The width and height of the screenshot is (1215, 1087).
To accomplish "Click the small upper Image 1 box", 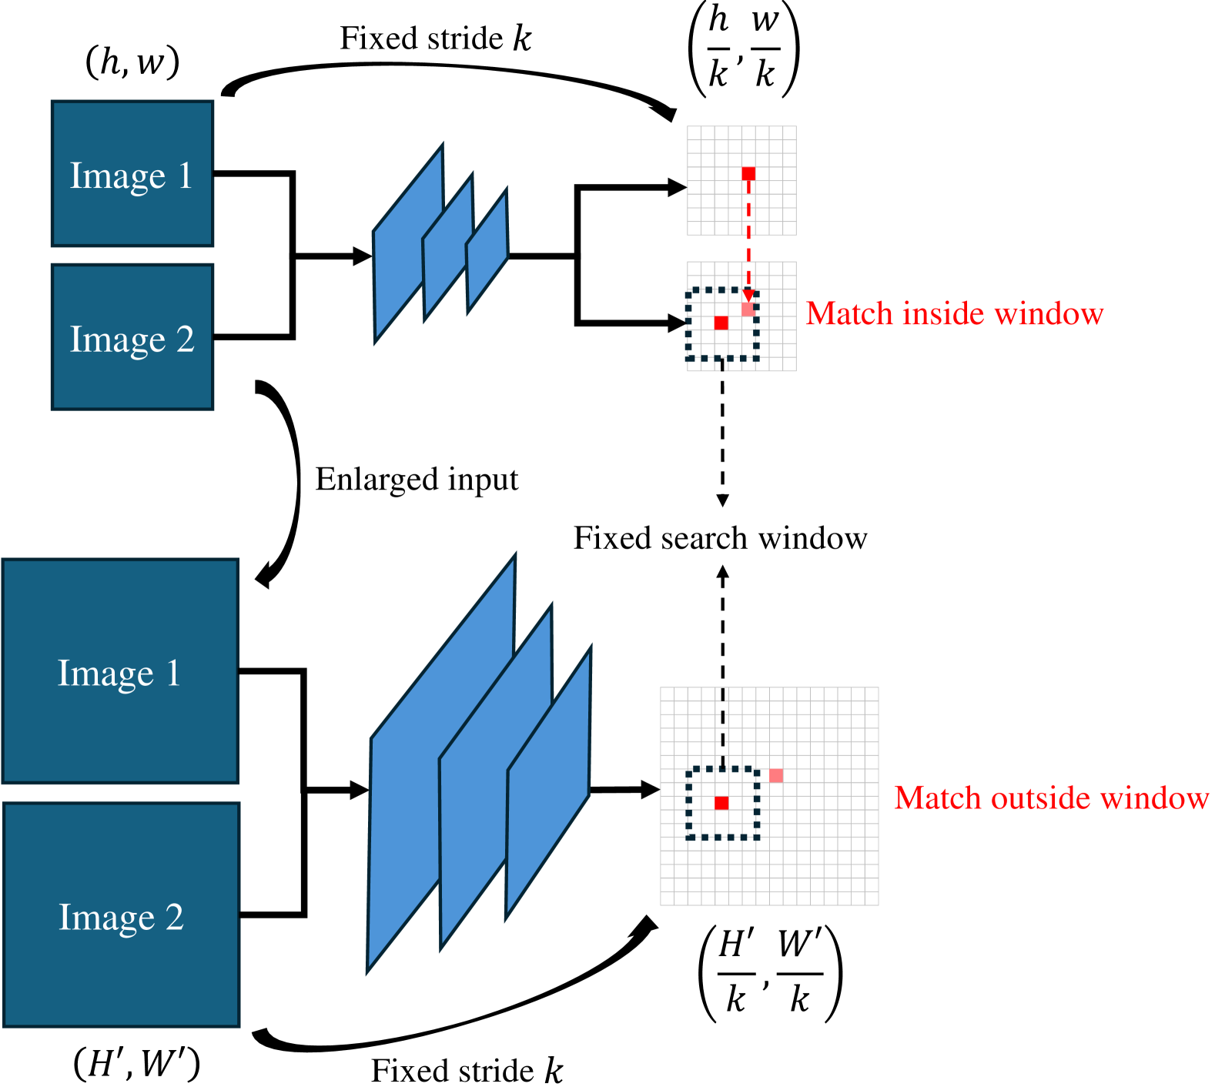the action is click(132, 174).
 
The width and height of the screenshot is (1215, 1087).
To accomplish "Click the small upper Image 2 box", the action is click(132, 337).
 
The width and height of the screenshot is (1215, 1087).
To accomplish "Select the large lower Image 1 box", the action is click(121, 671).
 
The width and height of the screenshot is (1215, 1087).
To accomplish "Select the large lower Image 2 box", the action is click(122, 915).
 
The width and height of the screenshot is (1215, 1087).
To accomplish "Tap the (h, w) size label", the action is click(132, 62).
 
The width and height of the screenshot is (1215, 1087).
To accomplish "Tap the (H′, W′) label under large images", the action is click(137, 1064).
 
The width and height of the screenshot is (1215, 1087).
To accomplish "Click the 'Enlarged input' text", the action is click(417, 480).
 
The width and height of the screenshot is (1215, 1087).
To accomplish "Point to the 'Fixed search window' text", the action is click(721, 538).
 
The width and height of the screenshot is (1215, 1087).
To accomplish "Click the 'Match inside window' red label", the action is click(955, 313).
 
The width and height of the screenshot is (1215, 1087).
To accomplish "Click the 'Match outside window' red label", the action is click(1052, 798).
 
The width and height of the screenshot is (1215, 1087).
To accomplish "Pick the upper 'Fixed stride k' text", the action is click(436, 38).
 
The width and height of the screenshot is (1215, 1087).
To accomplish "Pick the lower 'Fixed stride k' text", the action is click(467, 1070).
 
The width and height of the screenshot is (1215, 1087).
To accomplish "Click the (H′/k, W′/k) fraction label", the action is click(770, 975).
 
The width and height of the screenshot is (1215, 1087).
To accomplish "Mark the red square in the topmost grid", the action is click(748, 174).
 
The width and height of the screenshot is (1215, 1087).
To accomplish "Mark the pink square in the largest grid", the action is click(776, 775).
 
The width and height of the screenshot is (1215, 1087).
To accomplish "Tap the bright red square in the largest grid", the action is click(721, 803).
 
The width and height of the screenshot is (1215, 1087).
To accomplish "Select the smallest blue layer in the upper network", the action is click(487, 251).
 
